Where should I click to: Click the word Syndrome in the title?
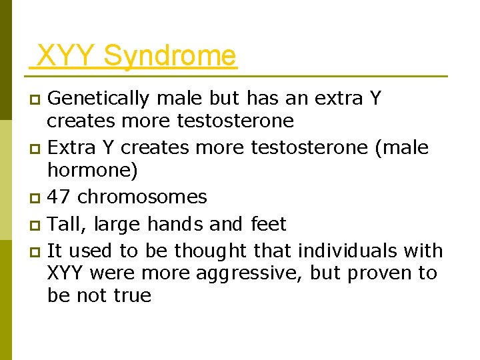pyautogui.click(x=170, y=56)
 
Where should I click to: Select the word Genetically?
pyautogui.click(x=99, y=99)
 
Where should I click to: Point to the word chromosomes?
pyautogui.click(x=143, y=197)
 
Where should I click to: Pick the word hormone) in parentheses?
pyautogui.click(x=93, y=170)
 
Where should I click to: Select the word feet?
pyautogui.click(x=268, y=223)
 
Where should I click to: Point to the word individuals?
pyautogui.click(x=349, y=251)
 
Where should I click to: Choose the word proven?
pyautogui.click(x=363, y=273)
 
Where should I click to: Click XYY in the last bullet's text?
pyautogui.click(x=67, y=273)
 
